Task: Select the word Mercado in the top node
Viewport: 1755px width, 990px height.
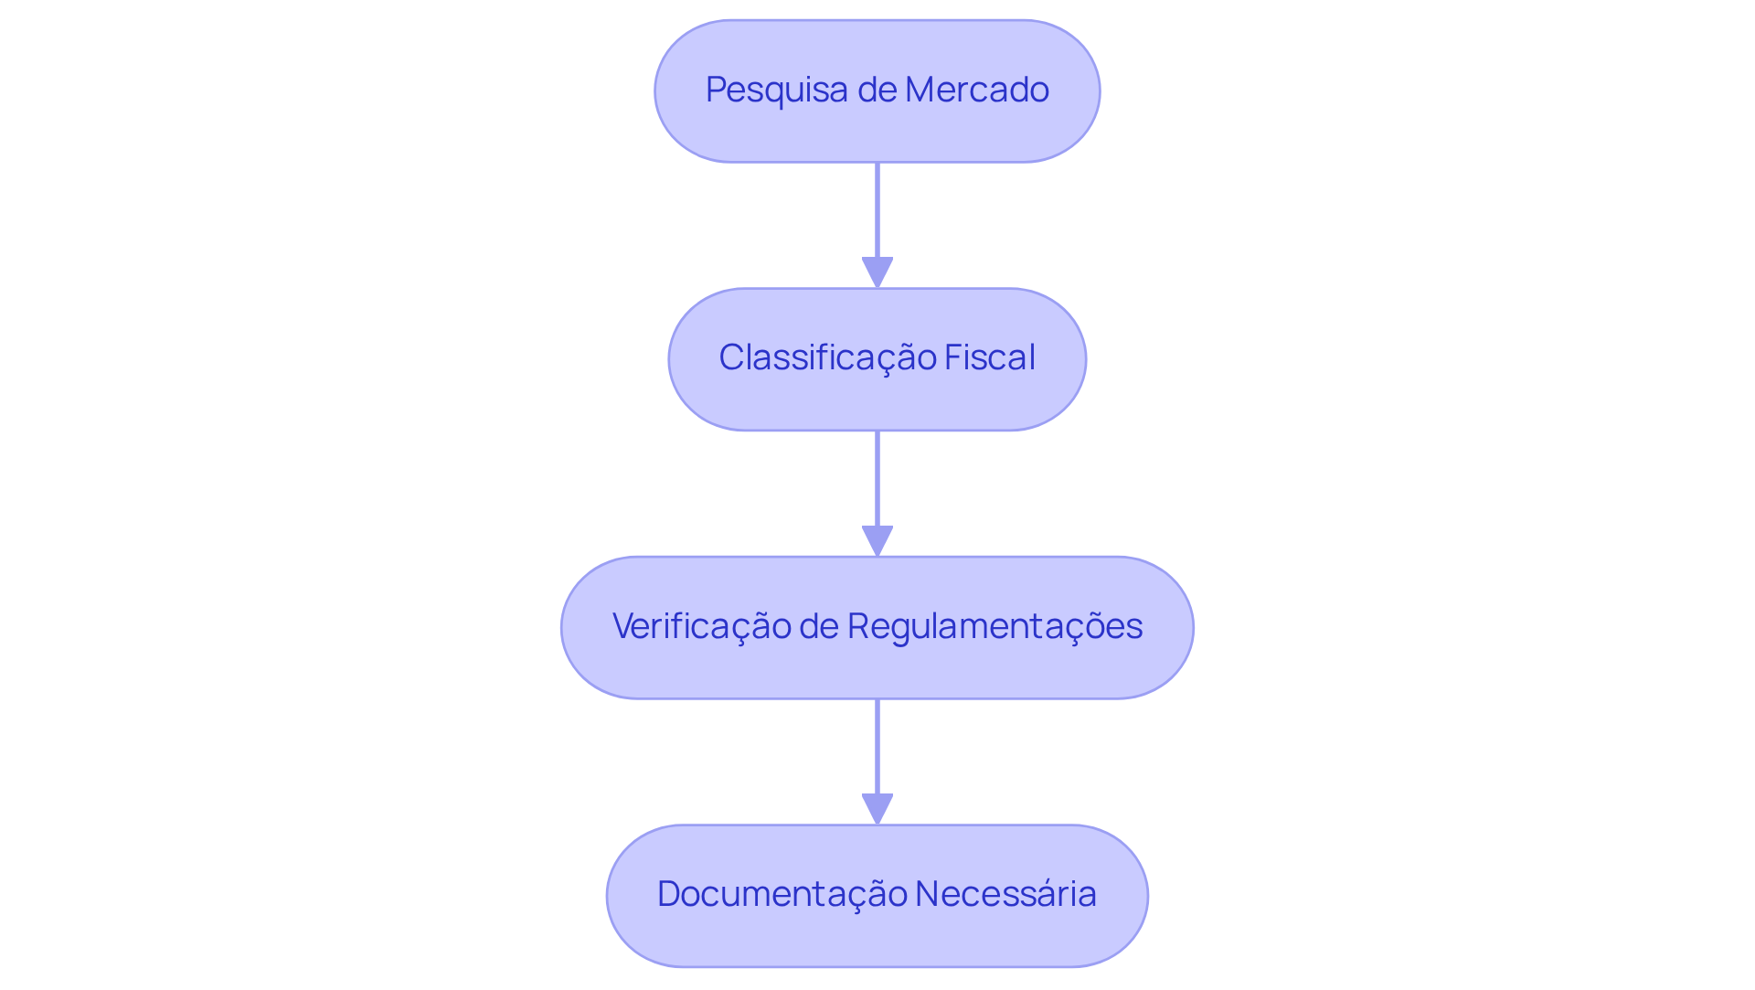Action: tap(976, 90)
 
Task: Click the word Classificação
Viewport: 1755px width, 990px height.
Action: tap(826, 358)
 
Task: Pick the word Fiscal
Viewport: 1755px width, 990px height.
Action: tap(989, 358)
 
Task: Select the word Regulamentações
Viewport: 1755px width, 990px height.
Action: tap(994, 627)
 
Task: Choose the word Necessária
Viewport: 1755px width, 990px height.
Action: tap(1005, 895)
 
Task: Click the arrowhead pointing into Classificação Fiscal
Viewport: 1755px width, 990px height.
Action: tap(877, 272)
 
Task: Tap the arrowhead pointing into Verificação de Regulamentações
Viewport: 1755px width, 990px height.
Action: tap(877, 540)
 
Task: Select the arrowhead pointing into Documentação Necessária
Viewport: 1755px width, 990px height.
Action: tap(877, 809)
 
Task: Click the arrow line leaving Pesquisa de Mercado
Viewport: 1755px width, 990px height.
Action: tap(877, 210)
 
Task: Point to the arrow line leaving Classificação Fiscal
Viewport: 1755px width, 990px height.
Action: tap(877, 478)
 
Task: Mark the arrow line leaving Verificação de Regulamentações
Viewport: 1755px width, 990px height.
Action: tap(877, 746)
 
